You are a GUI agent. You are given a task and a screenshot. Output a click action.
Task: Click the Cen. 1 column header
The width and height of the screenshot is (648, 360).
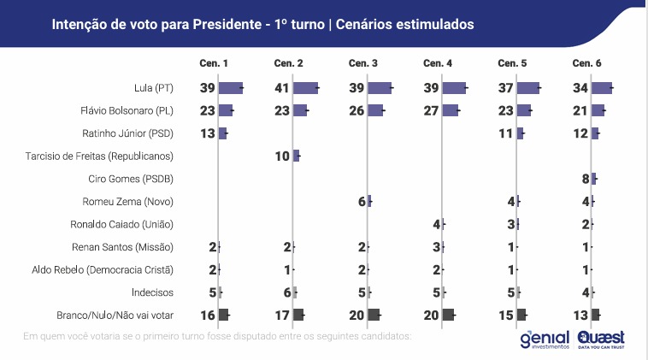point(214,64)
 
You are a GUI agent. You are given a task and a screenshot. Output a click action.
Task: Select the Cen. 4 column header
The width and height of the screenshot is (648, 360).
point(438,64)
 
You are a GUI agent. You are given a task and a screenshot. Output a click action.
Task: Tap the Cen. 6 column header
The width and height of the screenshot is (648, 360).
point(586,64)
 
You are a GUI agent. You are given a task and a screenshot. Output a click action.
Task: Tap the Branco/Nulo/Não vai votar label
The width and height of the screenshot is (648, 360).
point(115,315)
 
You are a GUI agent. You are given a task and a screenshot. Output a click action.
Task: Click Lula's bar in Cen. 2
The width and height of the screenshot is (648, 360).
point(305,87)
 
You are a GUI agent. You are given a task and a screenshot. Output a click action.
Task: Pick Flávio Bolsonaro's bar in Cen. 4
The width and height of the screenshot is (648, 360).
point(450,110)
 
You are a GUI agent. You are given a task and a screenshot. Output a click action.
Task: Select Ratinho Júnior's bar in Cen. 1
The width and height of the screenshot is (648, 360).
point(222,133)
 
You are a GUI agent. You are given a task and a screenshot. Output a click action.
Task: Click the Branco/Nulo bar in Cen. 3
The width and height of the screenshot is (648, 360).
point(374,315)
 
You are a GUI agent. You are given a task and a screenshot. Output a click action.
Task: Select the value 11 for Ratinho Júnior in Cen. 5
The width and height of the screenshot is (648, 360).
point(506,133)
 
